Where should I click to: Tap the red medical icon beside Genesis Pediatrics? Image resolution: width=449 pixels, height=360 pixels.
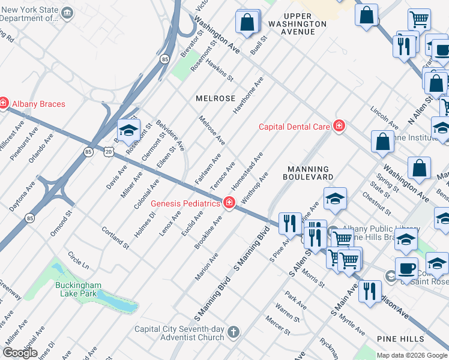(229, 203)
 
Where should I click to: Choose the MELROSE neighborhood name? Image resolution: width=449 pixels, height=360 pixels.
(214, 98)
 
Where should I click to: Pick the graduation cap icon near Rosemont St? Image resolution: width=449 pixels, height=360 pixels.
(128, 130)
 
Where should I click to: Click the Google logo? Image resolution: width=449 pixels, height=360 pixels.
(20, 352)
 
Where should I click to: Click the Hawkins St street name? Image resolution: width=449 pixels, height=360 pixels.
(219, 69)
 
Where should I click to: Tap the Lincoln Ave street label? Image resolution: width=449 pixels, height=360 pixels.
(385, 118)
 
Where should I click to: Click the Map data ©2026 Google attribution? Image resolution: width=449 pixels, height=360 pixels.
(411, 355)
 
